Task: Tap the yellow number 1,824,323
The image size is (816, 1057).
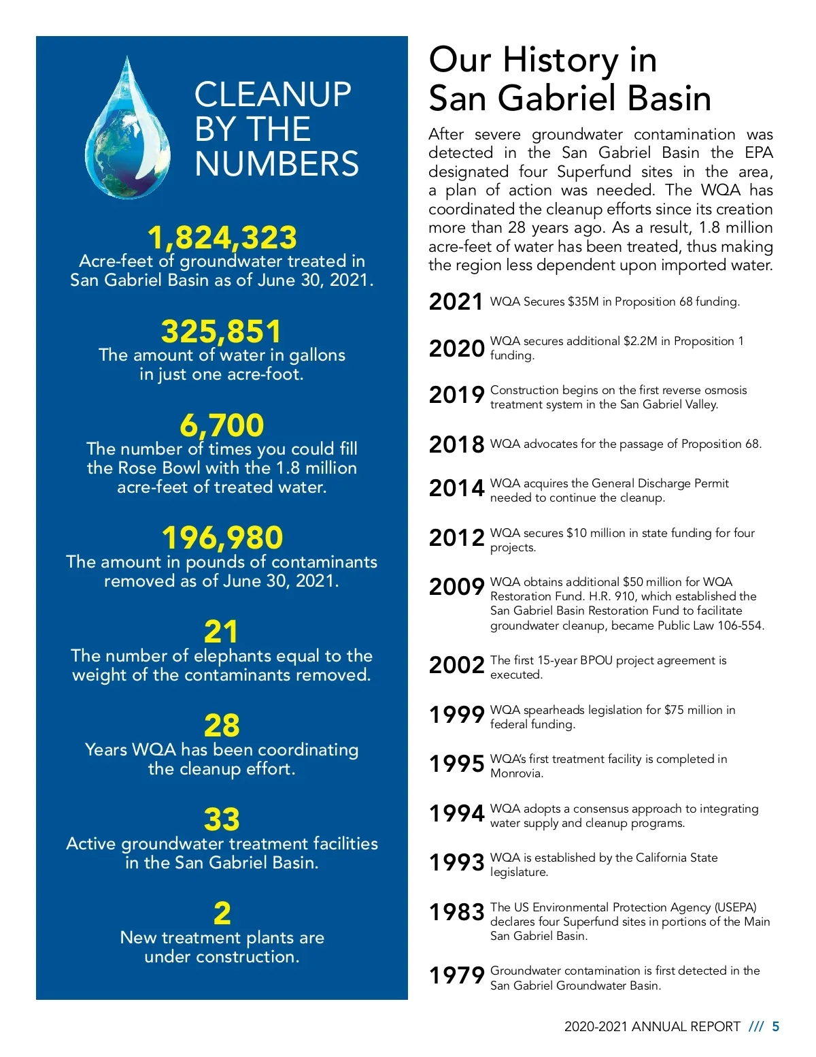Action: (222, 238)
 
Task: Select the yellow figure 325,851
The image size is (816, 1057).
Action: (222, 331)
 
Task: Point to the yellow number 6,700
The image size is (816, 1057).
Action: (222, 425)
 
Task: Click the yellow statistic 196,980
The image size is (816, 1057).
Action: (222, 538)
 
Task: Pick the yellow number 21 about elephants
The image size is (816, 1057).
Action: (222, 632)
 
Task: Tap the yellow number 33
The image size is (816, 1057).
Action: (222, 819)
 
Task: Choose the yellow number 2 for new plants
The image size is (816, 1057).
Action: (222, 913)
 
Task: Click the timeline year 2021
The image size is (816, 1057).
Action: (456, 302)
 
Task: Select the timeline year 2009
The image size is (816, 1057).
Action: (456, 586)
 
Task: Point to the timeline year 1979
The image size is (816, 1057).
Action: (456, 975)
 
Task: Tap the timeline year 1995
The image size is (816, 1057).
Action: (456, 764)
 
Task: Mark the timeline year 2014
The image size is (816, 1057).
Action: (456, 488)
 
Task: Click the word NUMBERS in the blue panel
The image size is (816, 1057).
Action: (277, 163)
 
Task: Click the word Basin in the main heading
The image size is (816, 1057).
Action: (669, 98)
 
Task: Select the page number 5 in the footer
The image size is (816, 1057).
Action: (776, 1026)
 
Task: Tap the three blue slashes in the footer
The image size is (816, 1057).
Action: (755, 1026)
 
